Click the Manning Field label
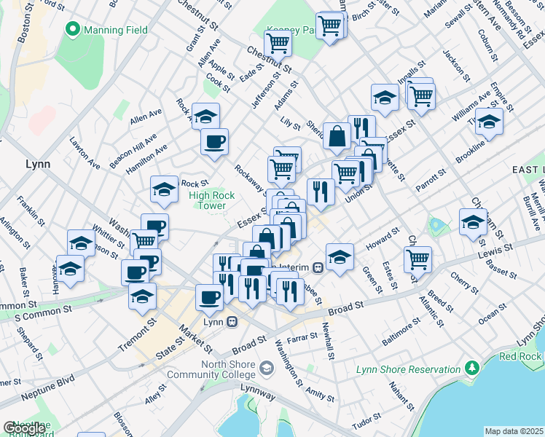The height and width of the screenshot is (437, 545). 116,30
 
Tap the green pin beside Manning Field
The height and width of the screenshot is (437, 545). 72,30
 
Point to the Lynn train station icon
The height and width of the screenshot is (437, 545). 232,321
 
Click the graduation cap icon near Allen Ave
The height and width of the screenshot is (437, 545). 206,116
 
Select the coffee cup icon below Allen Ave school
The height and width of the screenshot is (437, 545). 214,142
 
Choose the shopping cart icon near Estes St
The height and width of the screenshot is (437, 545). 417,259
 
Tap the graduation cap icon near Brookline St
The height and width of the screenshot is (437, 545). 489,122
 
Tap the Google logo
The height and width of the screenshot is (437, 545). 23,428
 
